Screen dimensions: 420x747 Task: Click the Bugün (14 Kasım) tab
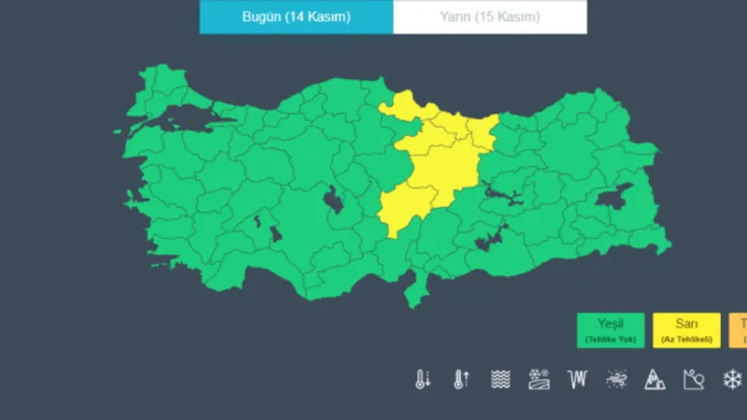296,17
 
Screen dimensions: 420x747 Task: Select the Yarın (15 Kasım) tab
489,17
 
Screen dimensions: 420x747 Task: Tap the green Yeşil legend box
611,330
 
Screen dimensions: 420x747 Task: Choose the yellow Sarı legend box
686,330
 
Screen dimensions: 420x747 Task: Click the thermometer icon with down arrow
423,379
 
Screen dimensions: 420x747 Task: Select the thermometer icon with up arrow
461,379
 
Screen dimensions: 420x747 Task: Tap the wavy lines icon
500,379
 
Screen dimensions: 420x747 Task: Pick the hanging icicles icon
578,379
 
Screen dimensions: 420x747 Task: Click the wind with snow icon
616,379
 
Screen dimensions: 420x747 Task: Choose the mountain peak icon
655,379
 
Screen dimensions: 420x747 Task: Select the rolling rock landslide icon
693,379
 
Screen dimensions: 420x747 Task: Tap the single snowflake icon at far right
732,379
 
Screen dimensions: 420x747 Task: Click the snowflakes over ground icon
539,379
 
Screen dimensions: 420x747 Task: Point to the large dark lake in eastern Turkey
615,199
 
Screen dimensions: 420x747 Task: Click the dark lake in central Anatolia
331,199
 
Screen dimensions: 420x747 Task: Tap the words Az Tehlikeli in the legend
686,339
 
